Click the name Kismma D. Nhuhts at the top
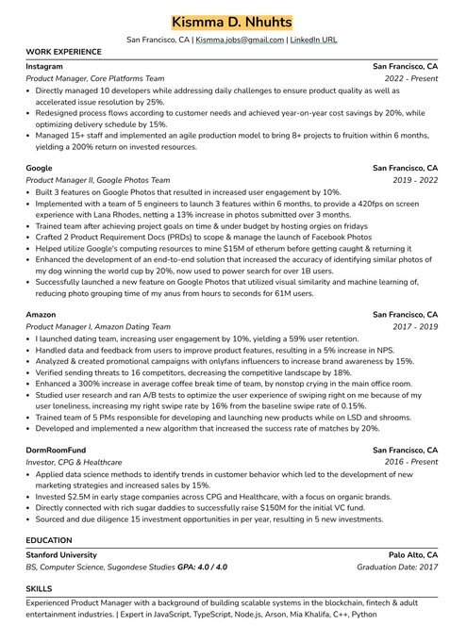point(233,23)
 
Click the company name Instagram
point(44,68)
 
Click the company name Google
point(40,168)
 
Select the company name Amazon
point(42,314)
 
